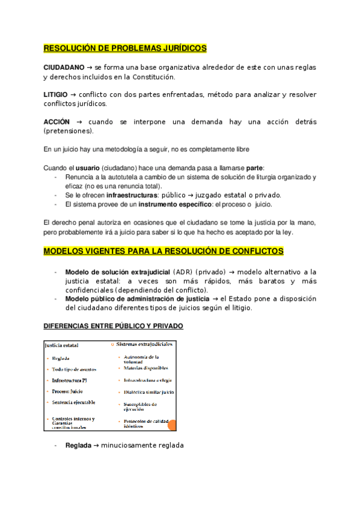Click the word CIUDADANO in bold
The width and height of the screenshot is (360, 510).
click(x=64, y=67)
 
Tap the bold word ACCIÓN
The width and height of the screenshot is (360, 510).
click(x=58, y=122)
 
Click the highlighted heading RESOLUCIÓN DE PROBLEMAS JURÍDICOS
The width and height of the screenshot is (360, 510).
click(x=125, y=48)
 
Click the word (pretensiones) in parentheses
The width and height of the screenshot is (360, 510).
click(x=69, y=131)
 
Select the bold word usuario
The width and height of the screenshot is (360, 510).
click(x=88, y=168)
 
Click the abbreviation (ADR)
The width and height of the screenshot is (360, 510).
click(x=183, y=272)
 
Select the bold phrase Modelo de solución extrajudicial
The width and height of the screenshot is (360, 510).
click(x=117, y=272)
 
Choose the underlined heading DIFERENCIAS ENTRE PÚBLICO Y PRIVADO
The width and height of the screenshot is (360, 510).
click(x=114, y=326)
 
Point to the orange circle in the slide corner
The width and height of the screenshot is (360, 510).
click(x=172, y=425)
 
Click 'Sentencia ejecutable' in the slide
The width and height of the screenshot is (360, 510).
click(x=74, y=402)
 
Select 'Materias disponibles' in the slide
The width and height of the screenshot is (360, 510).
click(x=146, y=368)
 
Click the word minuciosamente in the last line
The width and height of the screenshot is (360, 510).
click(x=129, y=446)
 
